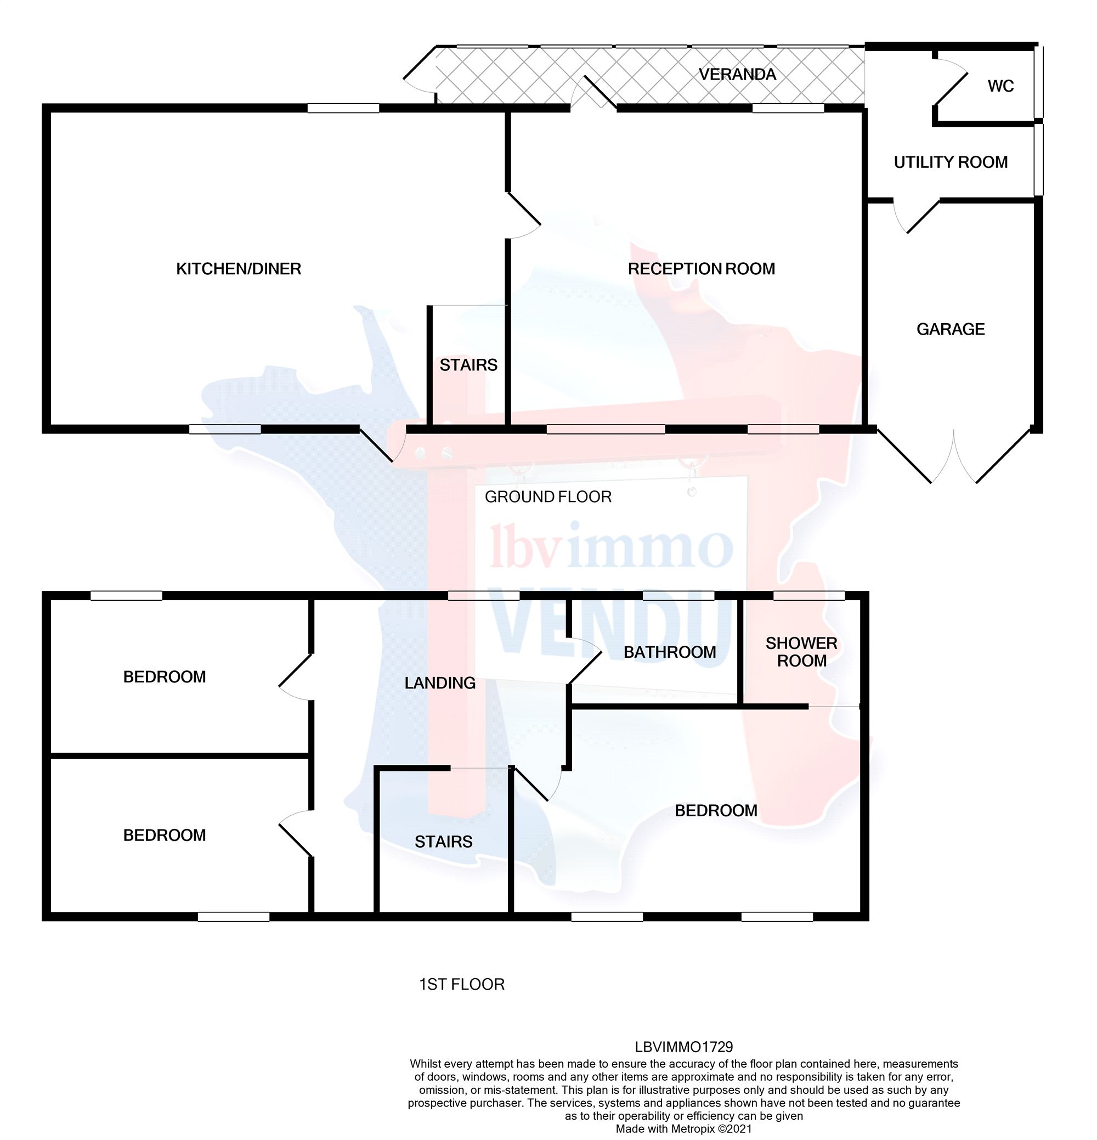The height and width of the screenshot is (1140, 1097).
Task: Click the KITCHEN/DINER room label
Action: click(239, 269)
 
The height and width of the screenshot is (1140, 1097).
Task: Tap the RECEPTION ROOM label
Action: click(701, 269)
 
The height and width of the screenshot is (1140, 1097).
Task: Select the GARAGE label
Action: click(951, 329)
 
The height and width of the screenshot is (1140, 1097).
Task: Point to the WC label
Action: click(1000, 86)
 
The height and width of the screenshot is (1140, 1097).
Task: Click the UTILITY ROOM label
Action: click(951, 162)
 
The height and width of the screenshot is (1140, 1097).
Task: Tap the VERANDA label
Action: click(737, 75)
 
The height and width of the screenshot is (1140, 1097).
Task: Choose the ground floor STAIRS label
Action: click(468, 365)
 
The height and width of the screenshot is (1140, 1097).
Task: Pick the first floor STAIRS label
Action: click(443, 842)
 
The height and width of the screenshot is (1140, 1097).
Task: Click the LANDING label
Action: click(440, 683)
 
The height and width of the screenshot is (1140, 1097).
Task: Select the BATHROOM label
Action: click(670, 652)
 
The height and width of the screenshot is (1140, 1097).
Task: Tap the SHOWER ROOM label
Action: click(801, 652)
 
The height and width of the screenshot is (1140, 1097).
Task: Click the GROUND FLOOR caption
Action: click(548, 496)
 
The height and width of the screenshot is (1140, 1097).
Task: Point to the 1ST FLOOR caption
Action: click(462, 984)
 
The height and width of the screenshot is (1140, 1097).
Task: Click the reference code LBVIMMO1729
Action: click(683, 1047)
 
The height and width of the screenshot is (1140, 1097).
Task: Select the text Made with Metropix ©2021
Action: click(683, 1129)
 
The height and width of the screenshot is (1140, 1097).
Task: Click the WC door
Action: click(951, 87)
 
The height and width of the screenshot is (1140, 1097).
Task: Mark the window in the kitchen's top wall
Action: click(343, 108)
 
